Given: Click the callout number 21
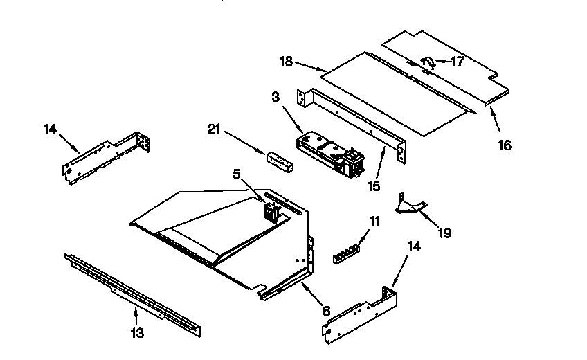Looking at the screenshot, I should tap(215, 129).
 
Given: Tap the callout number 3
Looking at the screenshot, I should tap(276, 98).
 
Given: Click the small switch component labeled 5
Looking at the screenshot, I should tap(270, 210).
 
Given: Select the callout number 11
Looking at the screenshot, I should tap(374, 222).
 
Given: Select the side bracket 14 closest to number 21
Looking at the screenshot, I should tap(107, 159).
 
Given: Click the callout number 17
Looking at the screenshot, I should tap(458, 61).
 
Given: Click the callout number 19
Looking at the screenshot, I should tap(444, 233).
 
